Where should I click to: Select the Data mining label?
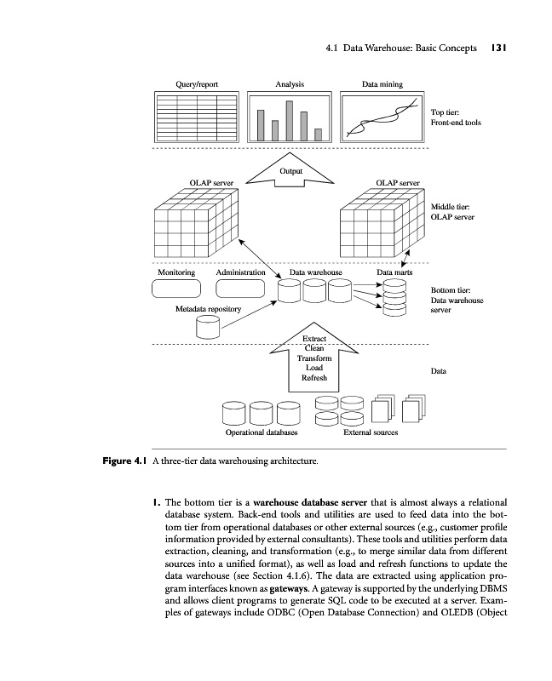click(x=382, y=84)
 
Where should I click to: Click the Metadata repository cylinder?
click(x=208, y=325)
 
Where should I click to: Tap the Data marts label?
click(x=394, y=272)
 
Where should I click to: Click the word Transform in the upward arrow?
click(x=313, y=358)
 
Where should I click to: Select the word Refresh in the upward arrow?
click(x=313, y=377)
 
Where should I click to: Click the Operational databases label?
click(x=262, y=432)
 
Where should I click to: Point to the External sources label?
click(x=370, y=432)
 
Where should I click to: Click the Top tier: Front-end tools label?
click(x=456, y=117)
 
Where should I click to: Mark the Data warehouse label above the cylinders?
click(x=315, y=272)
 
